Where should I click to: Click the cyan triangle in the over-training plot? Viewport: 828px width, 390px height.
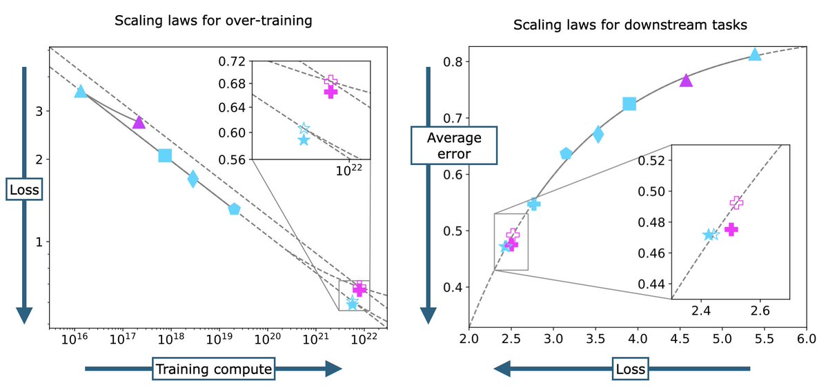click(81, 91)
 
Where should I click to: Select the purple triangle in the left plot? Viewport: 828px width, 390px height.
click(139, 122)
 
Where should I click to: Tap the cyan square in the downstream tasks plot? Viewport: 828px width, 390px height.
click(629, 104)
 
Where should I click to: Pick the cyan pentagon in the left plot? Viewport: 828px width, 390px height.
click(235, 208)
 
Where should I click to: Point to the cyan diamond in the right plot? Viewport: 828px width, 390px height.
click(598, 135)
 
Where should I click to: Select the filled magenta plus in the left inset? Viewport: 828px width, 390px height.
click(331, 92)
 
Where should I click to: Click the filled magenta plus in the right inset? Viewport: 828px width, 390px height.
click(731, 229)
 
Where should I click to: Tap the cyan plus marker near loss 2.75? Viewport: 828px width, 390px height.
click(533, 204)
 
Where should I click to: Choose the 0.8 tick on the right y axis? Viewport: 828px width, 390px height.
click(451, 61)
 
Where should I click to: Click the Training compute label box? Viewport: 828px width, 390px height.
click(214, 369)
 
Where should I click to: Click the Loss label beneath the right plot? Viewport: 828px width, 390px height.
click(629, 369)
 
